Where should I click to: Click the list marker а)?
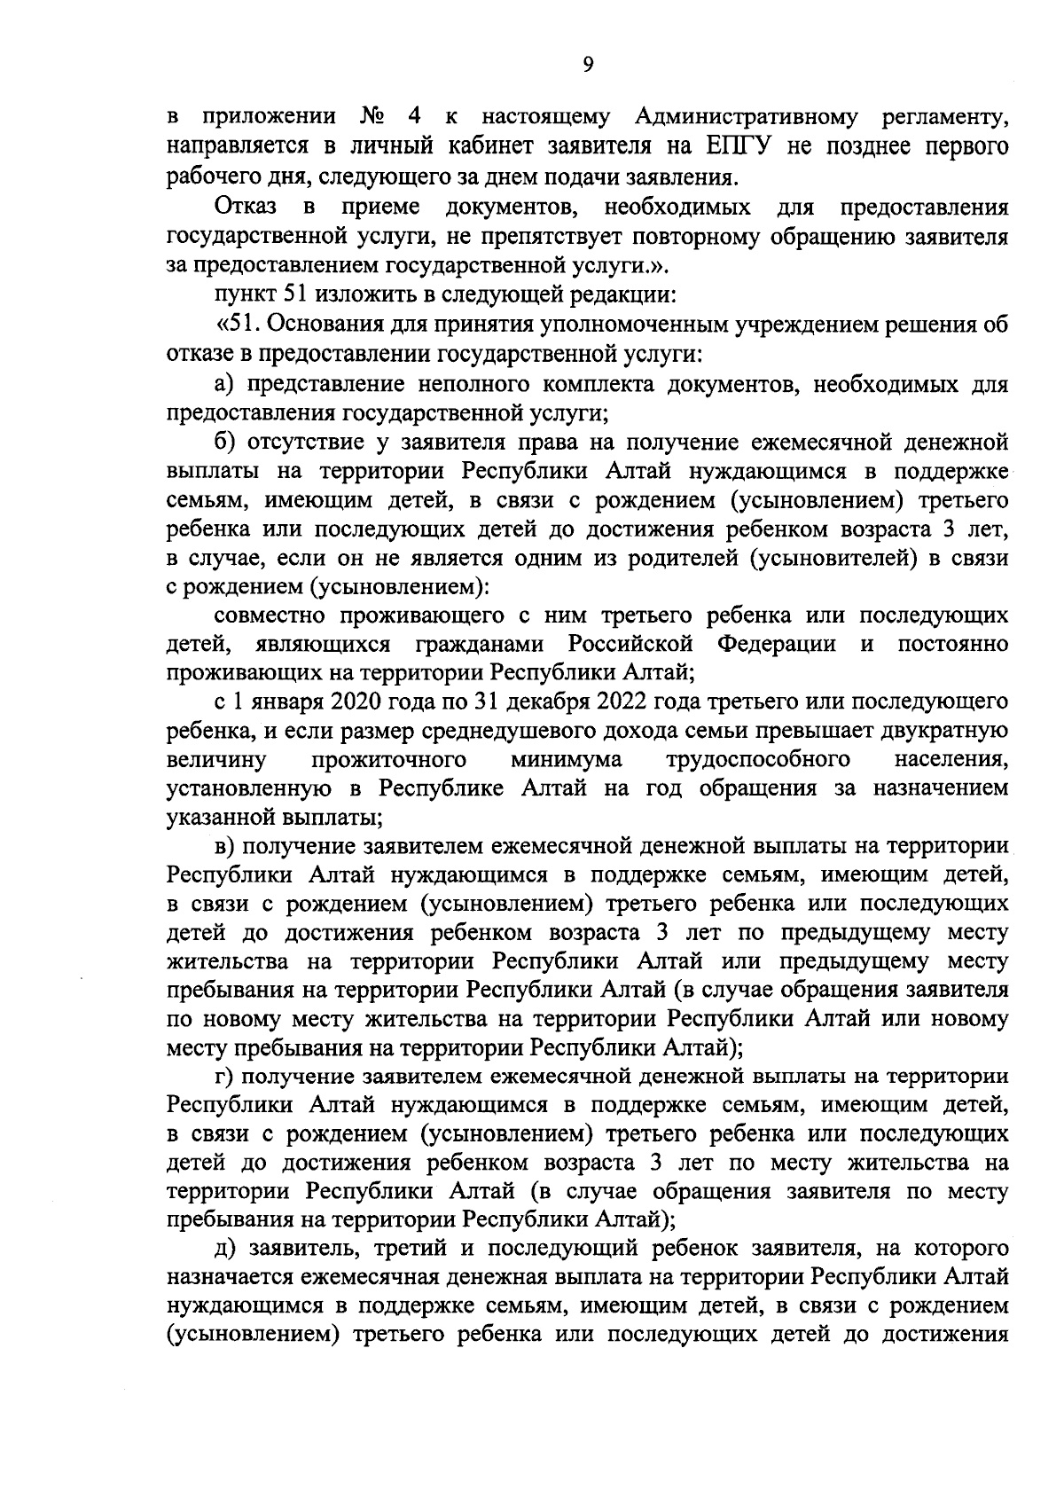(227, 384)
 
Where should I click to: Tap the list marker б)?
(228, 442)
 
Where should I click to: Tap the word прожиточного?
(389, 760)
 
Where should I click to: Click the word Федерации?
(776, 644)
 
